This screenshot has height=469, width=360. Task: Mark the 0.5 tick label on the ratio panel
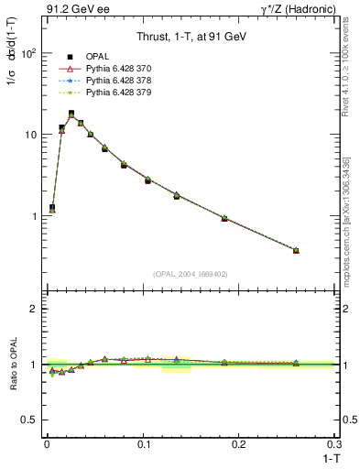point(27,420)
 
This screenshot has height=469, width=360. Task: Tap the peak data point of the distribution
point(71,114)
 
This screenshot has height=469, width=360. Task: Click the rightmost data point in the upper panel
point(295,250)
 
